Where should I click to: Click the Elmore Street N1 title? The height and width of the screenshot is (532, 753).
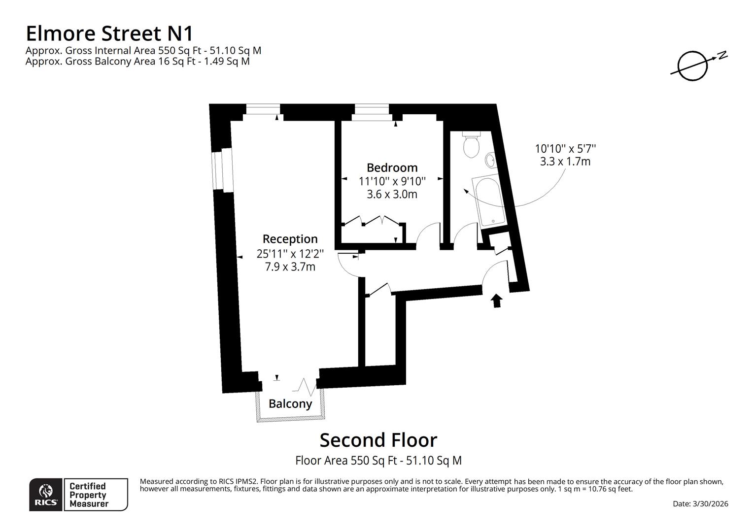[x=109, y=33]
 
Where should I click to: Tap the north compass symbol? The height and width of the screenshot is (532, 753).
[x=694, y=65]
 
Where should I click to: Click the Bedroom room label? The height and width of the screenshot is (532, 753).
[x=392, y=167]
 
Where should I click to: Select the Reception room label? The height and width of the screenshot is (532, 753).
[x=290, y=239]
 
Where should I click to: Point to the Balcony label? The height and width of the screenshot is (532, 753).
[x=290, y=404]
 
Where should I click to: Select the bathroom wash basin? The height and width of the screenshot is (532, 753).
[x=490, y=160]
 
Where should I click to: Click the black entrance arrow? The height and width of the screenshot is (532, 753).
[x=496, y=300]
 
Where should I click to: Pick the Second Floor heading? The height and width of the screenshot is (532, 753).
[x=378, y=440]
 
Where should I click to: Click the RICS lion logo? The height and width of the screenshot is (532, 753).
[x=46, y=494]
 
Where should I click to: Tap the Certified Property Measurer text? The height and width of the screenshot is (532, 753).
[x=88, y=495]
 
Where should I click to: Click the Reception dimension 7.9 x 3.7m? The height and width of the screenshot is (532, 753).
[x=290, y=267]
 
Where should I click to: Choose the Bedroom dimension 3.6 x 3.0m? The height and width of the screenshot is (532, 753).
[x=392, y=194]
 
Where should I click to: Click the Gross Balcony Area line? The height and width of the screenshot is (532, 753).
[x=137, y=62]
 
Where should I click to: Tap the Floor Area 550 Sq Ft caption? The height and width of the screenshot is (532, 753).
[x=378, y=461]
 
